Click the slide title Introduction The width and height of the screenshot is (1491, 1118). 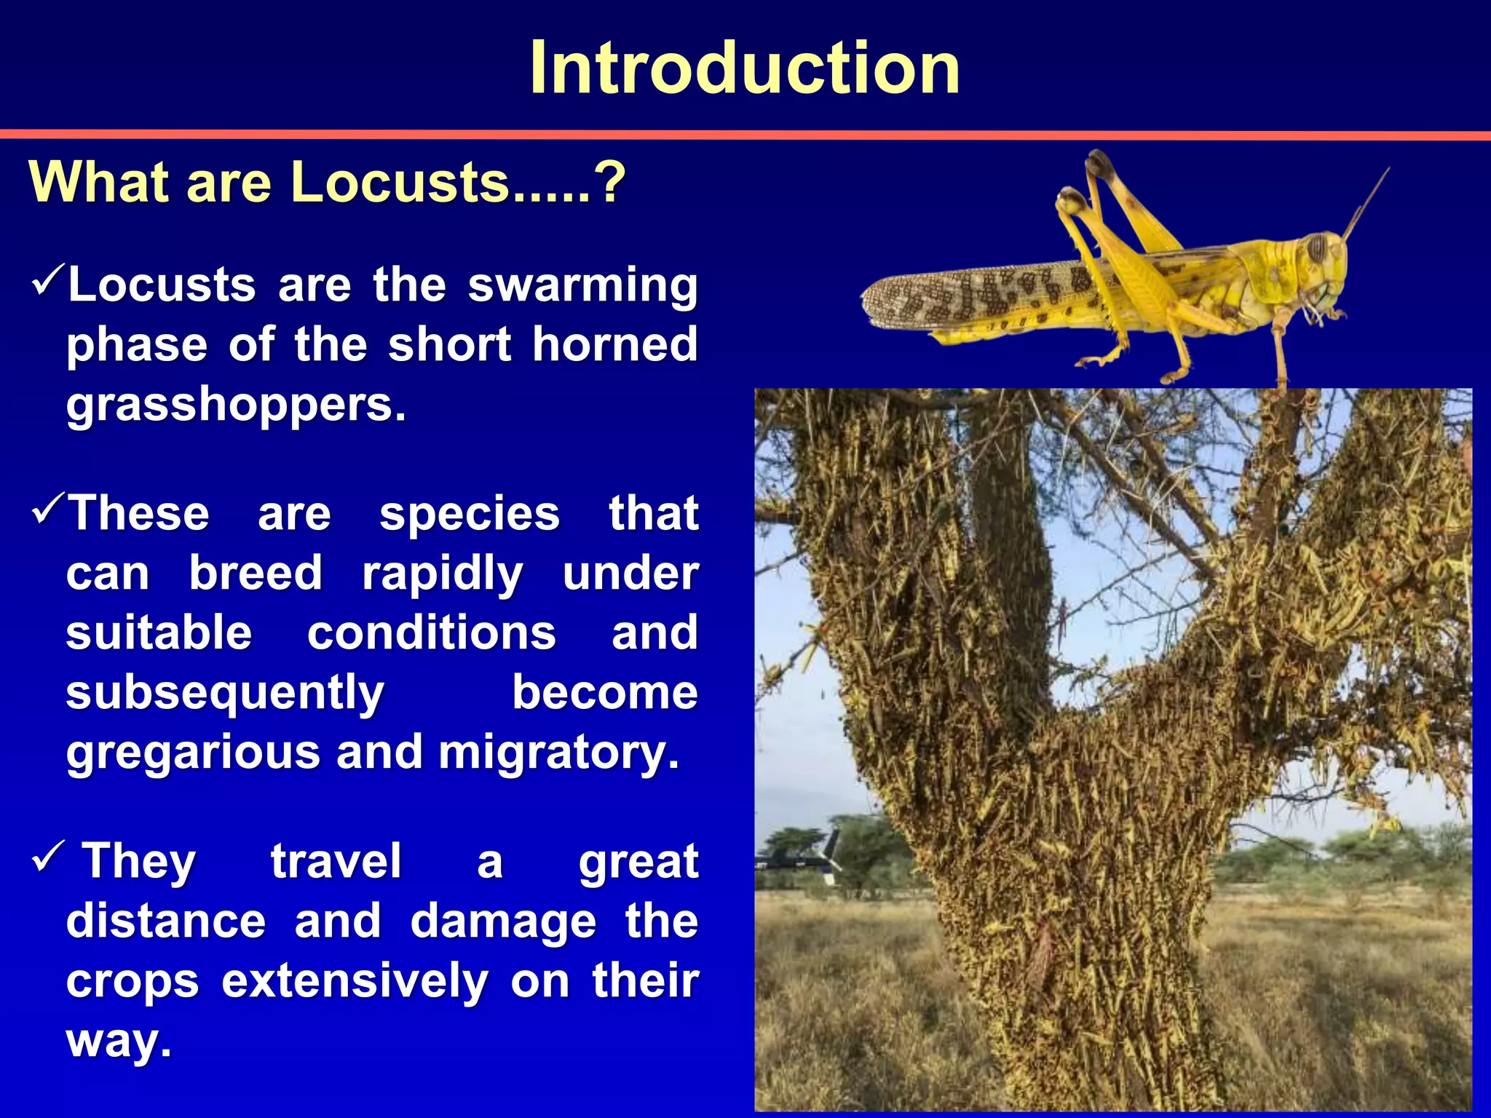click(745, 68)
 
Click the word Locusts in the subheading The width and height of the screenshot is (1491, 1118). click(400, 182)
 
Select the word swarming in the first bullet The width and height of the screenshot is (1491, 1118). click(582, 285)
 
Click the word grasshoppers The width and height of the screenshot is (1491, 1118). click(235, 405)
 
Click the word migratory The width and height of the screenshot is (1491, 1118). click(558, 752)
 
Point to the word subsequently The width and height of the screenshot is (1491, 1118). click(224, 692)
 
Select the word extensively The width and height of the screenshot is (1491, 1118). click(355, 981)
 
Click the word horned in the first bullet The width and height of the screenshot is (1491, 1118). click(615, 344)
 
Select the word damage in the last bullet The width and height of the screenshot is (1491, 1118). click(502, 921)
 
